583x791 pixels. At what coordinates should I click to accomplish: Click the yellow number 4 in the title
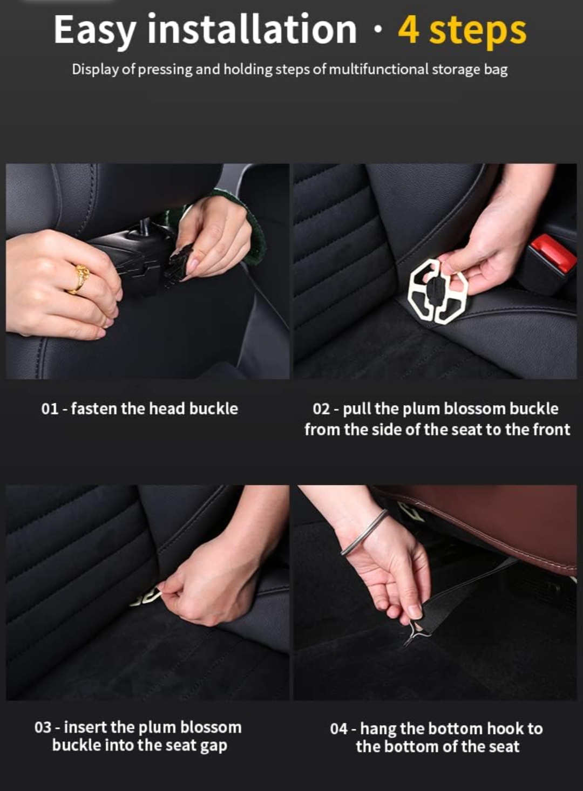pyautogui.click(x=409, y=31)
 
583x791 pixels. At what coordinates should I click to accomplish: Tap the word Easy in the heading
pyautogui.click(x=94, y=31)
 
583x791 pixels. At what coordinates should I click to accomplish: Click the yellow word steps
pyautogui.click(x=478, y=32)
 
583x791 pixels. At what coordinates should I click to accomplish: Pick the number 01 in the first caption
pyautogui.click(x=49, y=410)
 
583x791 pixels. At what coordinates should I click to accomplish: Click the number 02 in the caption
pyautogui.click(x=321, y=410)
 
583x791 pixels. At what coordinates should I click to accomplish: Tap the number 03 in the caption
pyautogui.click(x=43, y=728)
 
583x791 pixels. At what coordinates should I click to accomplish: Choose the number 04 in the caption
pyautogui.click(x=338, y=729)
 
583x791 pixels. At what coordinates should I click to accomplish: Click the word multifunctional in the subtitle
pyautogui.click(x=379, y=70)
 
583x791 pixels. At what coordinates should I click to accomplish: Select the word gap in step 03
pyautogui.click(x=214, y=747)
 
